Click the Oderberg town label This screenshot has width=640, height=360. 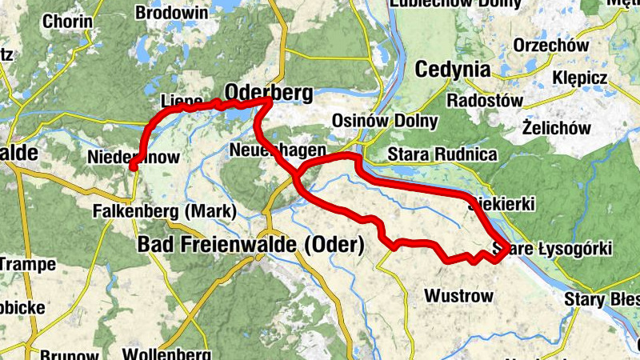[270, 93]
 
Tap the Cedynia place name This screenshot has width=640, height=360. [452, 70]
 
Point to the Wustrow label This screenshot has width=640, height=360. [458, 296]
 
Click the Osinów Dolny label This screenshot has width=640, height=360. [385, 122]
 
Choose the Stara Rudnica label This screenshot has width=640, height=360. [442, 154]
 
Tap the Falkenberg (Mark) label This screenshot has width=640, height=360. [165, 212]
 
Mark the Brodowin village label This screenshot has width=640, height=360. [172, 13]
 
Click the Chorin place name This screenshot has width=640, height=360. [62, 22]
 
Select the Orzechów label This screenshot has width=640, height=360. [551, 45]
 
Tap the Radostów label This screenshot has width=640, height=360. [484, 101]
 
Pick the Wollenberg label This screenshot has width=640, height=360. [166, 354]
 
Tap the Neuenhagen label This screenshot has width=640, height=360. [277, 150]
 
